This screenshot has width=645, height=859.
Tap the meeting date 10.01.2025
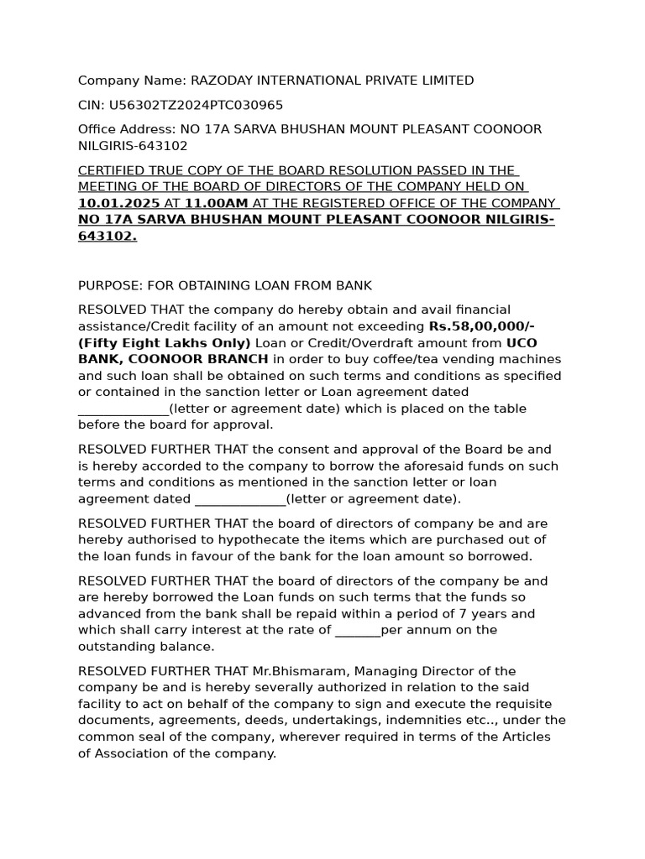pos(118,203)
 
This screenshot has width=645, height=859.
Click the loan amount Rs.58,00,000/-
pos(482,326)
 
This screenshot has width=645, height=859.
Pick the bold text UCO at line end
pos(522,343)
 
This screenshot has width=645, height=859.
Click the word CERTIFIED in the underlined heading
pos(111,170)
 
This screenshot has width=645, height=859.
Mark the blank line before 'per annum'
pos(357,630)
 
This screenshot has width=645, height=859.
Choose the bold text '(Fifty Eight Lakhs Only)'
pos(164,343)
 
